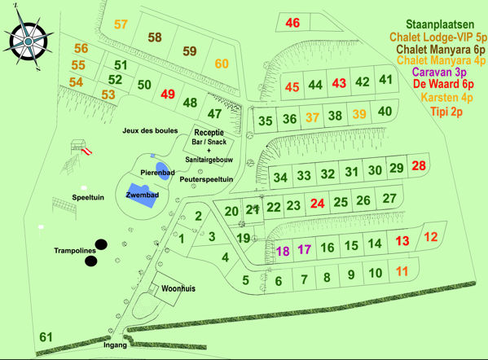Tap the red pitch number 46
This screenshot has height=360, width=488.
tap(292, 23)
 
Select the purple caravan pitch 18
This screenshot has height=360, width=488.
tap(284, 251)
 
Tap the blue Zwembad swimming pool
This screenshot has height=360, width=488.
tap(139, 197)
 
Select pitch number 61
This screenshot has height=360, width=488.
tap(46, 337)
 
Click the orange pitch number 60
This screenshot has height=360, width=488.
tap(222, 64)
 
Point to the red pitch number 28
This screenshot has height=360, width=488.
tap(419, 166)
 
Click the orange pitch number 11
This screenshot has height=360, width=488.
tap(400, 272)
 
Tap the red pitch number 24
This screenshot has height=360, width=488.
tap(318, 203)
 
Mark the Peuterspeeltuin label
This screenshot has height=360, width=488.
tap(207, 178)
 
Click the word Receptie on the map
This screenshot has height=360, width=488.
tap(209, 131)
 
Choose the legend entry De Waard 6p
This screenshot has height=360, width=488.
tap(444, 83)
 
